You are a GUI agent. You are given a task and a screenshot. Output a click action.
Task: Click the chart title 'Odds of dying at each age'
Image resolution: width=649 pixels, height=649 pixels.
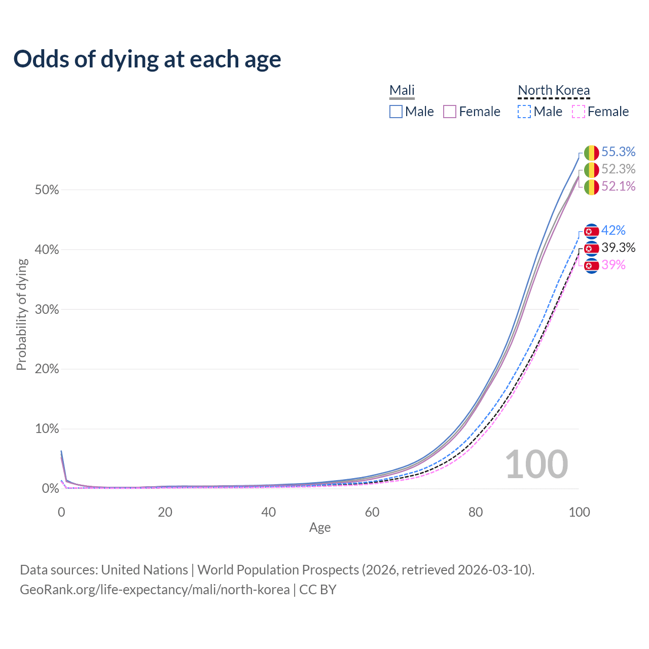147,59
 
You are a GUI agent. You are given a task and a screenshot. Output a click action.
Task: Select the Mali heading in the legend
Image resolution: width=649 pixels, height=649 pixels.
402,90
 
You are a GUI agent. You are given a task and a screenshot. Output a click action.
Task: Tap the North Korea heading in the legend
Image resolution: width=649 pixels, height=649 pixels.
554,90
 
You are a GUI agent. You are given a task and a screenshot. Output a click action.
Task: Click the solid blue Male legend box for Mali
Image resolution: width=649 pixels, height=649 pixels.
396,112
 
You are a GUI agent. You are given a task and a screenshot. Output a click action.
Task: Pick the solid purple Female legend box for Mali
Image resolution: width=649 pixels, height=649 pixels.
450,112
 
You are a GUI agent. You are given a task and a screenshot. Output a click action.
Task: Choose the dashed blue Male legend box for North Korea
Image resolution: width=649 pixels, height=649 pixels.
524,112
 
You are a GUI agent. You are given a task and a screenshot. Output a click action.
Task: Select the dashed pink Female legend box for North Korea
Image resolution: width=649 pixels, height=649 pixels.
579,112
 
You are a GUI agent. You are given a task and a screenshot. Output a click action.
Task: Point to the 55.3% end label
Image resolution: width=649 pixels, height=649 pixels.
618,152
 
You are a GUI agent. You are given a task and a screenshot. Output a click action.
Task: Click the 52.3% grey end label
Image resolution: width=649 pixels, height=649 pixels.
618,169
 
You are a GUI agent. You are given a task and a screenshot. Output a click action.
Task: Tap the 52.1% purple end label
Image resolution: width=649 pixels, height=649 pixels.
618,186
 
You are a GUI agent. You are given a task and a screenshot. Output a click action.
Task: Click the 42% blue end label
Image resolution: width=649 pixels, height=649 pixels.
613,230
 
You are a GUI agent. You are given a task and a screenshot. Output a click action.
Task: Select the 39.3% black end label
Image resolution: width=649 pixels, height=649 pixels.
618,247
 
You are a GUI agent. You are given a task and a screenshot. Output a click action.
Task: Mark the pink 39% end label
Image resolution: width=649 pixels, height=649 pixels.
613,265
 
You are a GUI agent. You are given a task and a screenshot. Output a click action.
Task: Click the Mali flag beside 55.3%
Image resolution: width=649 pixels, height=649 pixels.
591,153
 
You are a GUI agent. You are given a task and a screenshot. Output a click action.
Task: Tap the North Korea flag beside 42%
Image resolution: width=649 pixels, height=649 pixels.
591,231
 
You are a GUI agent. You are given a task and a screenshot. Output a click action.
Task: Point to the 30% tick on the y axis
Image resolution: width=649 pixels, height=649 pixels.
47,309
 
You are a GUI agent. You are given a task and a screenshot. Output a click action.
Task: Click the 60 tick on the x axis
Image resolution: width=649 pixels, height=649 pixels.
372,512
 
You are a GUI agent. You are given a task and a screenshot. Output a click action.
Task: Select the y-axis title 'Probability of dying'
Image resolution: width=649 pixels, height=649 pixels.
21,314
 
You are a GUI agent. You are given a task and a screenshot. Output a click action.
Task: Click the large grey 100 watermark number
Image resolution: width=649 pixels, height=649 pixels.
536,464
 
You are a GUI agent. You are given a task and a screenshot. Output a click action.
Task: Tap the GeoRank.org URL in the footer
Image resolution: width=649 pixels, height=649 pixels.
155,590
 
